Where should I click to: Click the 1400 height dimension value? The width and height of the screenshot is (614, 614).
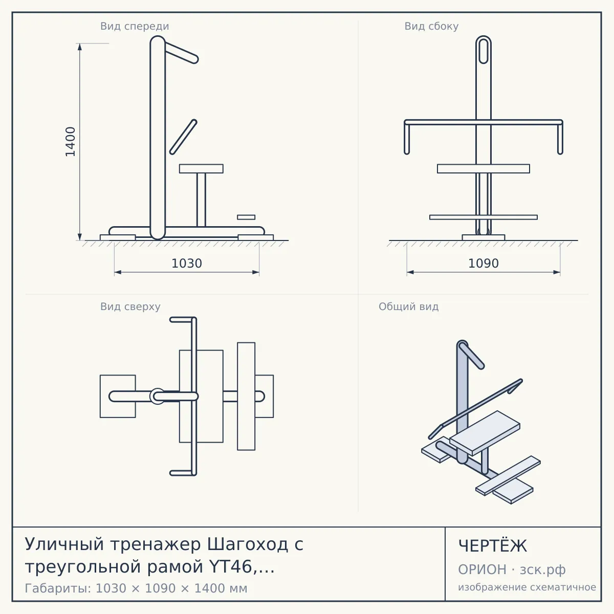(x=71, y=142)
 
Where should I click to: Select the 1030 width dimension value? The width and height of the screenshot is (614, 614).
(x=187, y=264)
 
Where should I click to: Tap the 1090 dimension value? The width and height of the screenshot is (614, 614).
(x=484, y=264)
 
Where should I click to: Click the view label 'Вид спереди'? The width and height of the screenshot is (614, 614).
(x=135, y=26)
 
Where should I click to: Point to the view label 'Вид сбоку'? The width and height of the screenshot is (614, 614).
(x=431, y=26)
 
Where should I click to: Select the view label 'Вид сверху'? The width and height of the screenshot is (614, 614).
(x=130, y=306)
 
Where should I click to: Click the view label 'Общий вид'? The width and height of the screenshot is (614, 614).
(x=408, y=306)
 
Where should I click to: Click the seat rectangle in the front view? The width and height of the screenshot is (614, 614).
(x=201, y=168)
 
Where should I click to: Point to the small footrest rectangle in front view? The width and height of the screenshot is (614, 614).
(x=246, y=217)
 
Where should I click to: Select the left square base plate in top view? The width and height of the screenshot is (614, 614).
(x=118, y=396)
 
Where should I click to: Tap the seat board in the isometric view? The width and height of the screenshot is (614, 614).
(x=485, y=433)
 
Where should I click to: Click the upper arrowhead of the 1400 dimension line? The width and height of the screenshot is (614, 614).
(x=80, y=47)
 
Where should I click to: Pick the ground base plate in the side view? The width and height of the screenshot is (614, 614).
(x=484, y=237)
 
